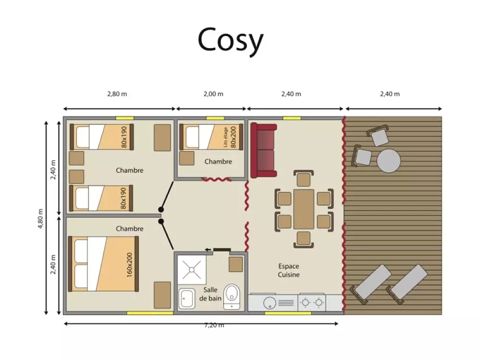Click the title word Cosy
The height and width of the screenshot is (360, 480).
point(230,40)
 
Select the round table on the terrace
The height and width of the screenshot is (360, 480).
point(388,160)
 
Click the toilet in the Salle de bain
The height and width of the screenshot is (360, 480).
point(232,296)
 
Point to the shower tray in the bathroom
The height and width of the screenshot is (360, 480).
point(192,270)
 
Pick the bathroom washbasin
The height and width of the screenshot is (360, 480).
point(186,298)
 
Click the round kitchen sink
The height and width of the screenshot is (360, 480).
point(270,303)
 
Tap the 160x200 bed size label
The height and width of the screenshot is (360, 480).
point(130,265)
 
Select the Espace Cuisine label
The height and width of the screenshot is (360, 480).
point(288,270)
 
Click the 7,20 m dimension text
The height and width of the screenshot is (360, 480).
point(214,325)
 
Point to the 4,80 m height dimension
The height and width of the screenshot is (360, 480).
point(41,218)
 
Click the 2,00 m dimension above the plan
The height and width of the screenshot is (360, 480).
point(214,94)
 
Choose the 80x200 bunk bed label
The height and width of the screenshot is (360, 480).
point(233,137)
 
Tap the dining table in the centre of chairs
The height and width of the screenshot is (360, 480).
point(304,209)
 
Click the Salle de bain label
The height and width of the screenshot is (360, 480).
point(210,294)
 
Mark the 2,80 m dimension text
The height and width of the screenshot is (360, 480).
point(117,94)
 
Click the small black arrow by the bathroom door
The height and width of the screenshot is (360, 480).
point(208,250)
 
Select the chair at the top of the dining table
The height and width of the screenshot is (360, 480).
point(303,178)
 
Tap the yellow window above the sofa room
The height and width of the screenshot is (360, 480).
point(291,118)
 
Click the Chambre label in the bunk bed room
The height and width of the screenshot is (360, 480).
point(218,161)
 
